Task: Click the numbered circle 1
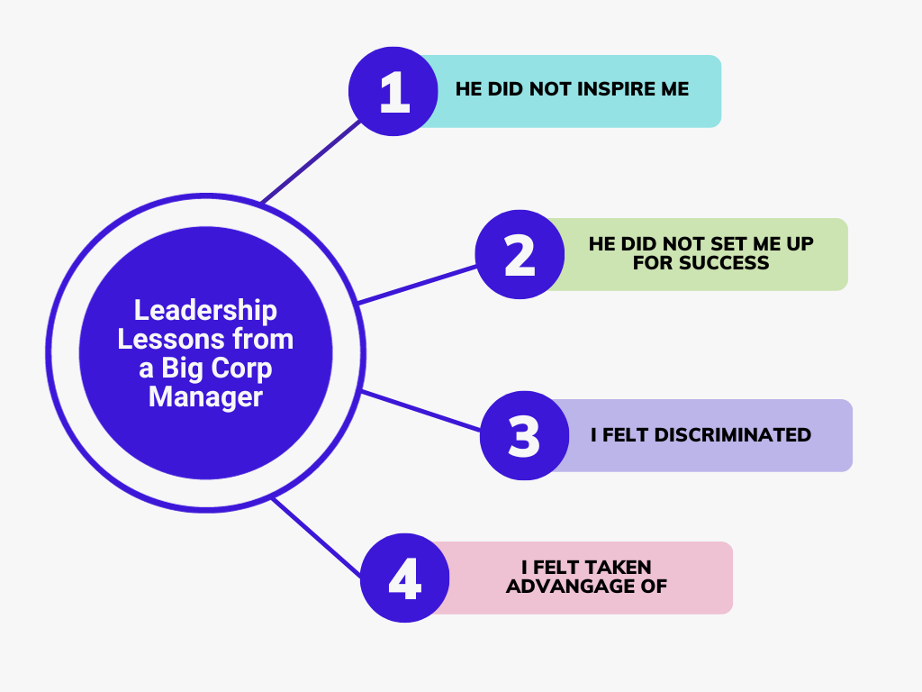393,91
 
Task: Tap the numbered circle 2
520,254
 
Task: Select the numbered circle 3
525,435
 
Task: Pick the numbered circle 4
404,578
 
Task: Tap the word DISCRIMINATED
733,435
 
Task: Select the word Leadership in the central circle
205,311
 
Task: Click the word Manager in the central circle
205,396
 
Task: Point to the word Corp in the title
241,369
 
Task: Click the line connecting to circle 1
311,162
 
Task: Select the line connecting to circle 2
417,285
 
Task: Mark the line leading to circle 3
421,411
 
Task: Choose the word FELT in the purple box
625,435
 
